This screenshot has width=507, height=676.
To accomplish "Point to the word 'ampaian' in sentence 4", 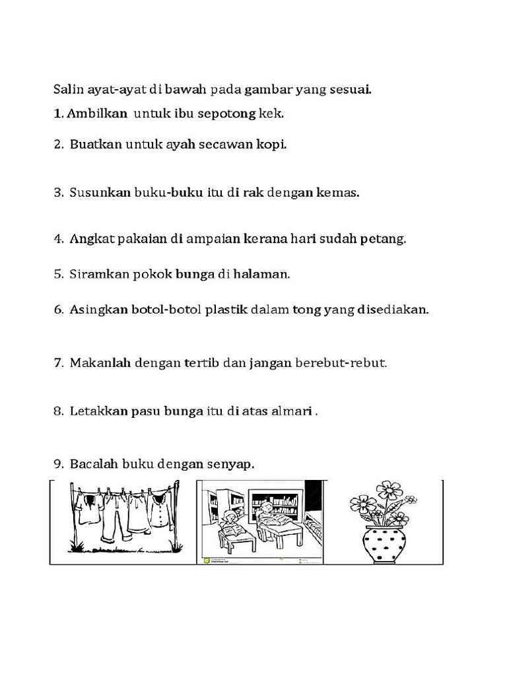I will [x=216, y=239].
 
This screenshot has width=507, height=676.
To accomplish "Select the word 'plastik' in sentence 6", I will [x=226, y=309].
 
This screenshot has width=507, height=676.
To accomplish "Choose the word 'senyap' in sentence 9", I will [x=230, y=465].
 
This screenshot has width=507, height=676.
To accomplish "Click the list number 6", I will [x=58, y=309].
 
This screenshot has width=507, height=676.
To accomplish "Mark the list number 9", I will [x=58, y=464].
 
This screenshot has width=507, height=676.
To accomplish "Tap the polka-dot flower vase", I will [x=384, y=543].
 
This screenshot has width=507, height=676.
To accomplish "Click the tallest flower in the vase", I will [x=389, y=490].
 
